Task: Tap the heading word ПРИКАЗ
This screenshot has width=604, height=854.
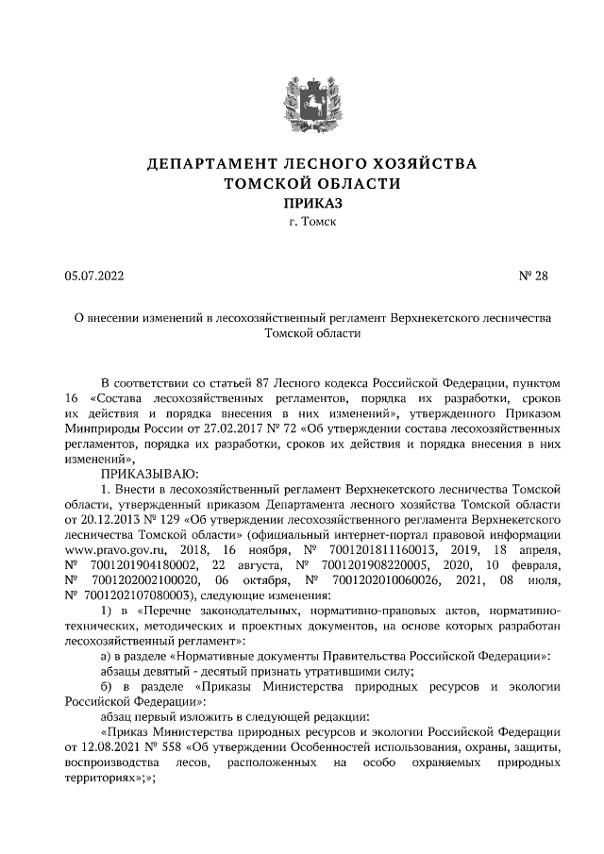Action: [x=302, y=203]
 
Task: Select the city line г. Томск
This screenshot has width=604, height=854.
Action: [x=302, y=224]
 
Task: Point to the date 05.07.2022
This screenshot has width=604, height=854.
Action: [x=94, y=276]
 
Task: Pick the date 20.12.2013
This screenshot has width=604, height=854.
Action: [x=107, y=518]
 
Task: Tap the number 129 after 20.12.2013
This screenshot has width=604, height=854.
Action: [x=172, y=518]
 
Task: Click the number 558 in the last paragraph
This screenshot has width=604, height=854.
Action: [x=174, y=745]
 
